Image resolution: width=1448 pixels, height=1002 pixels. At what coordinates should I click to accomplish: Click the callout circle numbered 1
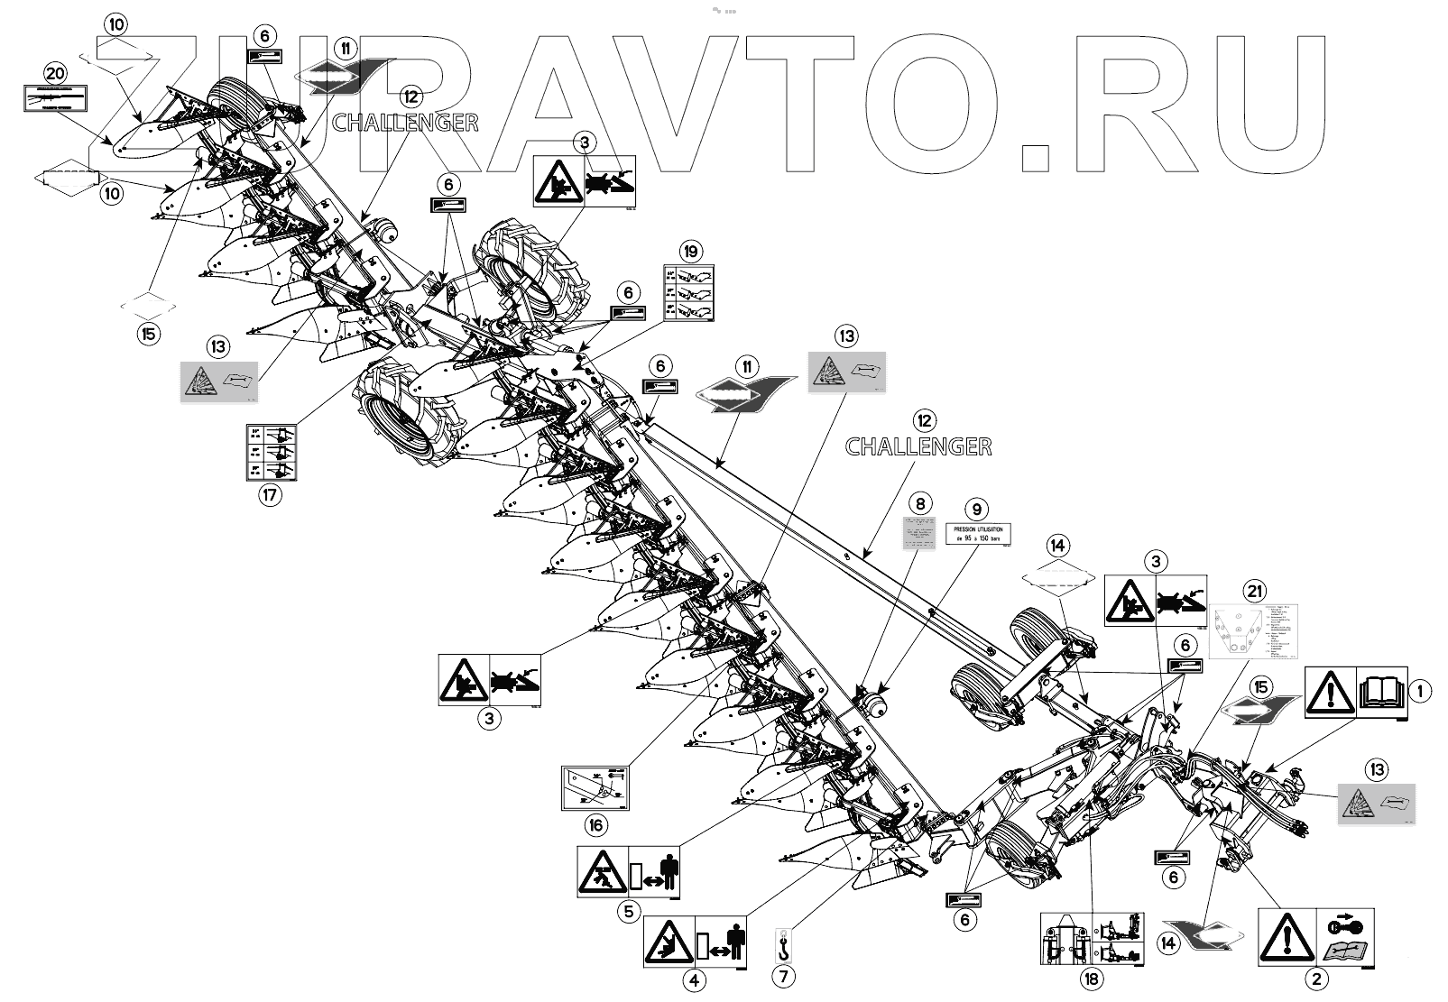[x=1420, y=692]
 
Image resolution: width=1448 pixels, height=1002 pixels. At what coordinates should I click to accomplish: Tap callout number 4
[x=693, y=979]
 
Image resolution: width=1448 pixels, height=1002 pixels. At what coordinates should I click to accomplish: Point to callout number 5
[x=628, y=911]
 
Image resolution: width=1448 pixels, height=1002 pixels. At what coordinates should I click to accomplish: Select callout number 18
[x=1093, y=979]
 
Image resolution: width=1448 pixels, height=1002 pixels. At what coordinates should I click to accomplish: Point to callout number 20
[x=55, y=74]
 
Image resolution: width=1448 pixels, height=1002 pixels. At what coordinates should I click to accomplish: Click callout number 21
[x=1253, y=592]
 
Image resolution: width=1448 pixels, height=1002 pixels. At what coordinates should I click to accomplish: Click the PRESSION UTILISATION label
[x=977, y=534]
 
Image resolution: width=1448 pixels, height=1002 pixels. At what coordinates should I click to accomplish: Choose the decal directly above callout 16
[x=595, y=786]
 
